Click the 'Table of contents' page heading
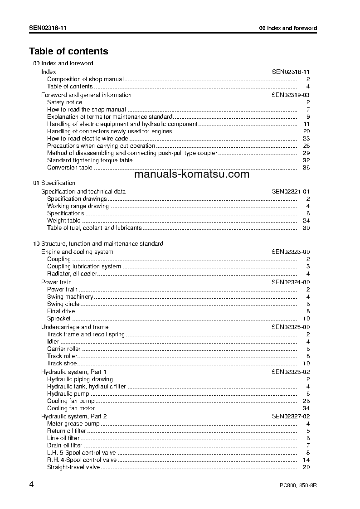tap(68, 51)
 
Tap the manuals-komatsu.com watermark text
tap(192, 175)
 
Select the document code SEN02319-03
tap(291, 95)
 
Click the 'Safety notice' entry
tap(65, 102)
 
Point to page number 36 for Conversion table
tap(306, 168)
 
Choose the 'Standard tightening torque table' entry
tap(90, 160)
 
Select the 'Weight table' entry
tap(64, 221)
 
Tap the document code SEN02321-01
tap(291, 192)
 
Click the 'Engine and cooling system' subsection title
tap(77, 252)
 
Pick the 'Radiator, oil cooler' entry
tap(72, 274)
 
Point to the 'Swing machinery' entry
tap(70, 297)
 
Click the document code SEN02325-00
tap(291, 327)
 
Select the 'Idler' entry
tap(53, 342)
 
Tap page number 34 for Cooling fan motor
tap(306, 408)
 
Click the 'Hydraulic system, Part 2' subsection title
tap(74, 416)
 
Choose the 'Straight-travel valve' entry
tap(73, 467)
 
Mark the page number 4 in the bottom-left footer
tap(31, 485)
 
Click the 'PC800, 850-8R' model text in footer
tap(298, 486)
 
